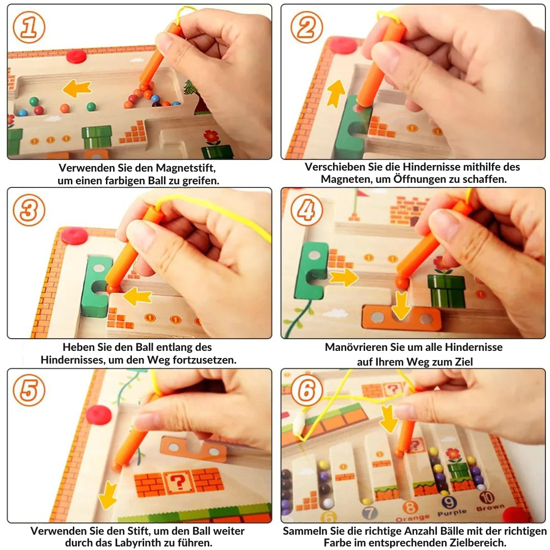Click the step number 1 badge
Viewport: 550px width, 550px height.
[x=29, y=28]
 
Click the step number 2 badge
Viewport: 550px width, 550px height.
[x=307, y=28]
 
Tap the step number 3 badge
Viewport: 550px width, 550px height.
[x=29, y=210]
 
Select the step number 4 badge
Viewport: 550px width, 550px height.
[x=307, y=210]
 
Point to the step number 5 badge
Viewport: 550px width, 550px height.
[x=29, y=390]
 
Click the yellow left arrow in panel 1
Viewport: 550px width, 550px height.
[x=77, y=89]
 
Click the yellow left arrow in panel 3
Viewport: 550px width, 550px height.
[x=137, y=296]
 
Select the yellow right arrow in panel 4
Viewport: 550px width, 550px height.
[x=344, y=278]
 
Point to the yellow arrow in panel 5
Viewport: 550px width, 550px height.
[x=108, y=495]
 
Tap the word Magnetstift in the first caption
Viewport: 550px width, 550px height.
[x=185, y=168]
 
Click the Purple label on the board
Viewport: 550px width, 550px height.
[x=452, y=513]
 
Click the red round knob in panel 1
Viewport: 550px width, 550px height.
[x=77, y=56]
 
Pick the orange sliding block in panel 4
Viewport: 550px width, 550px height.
[x=402, y=318]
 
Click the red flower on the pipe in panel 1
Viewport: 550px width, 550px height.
[x=212, y=136]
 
